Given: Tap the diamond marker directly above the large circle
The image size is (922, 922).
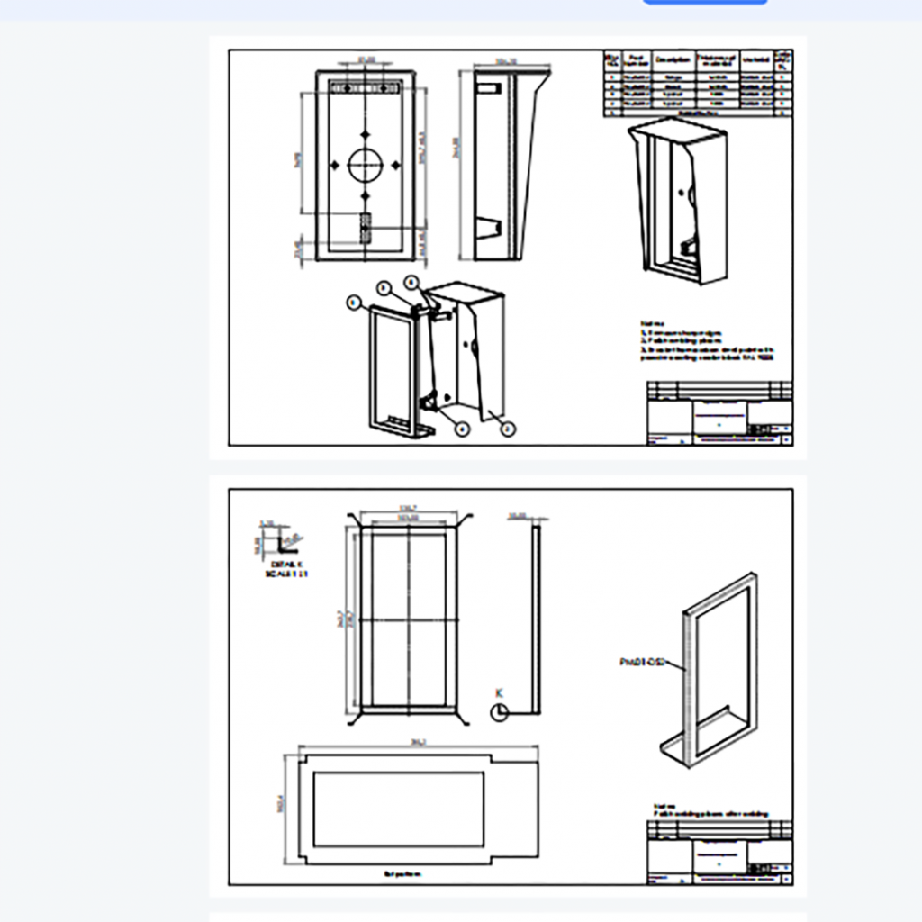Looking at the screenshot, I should pos(365,132).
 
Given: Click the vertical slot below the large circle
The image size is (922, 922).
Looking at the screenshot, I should pos(365,227).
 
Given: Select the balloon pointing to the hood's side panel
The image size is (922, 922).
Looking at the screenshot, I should pos(508,429).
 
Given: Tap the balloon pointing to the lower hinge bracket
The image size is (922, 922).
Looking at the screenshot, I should pos(462,429).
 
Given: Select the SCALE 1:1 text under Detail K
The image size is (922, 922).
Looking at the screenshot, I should pos(286,573).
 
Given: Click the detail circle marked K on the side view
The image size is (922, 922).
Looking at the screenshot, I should pos(499,712).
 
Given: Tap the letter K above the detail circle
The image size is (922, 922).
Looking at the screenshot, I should pos(498,692).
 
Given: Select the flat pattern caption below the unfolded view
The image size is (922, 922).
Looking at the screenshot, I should pos(402,873).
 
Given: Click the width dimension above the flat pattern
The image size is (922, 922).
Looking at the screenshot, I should pos(418,742).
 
